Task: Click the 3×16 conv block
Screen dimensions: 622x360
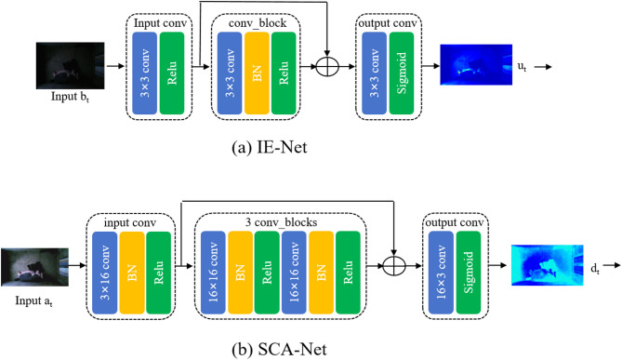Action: pos(105,273)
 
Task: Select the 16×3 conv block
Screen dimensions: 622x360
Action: pos(441,273)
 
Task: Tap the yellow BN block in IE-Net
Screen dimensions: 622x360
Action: pos(257,73)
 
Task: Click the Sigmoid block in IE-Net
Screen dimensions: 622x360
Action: pos(402,73)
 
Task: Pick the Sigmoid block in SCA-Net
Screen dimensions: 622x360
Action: pos(469,273)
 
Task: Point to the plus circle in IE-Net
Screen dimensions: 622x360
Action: pos(327,66)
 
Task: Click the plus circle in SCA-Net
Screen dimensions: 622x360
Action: pos(394,265)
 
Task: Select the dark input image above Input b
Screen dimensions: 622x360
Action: pos(71,65)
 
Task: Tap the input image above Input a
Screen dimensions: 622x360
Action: pos(34,267)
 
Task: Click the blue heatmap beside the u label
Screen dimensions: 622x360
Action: pos(476,65)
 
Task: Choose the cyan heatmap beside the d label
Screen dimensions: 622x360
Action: pos(548,265)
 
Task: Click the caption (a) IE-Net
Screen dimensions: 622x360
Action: pos(270,147)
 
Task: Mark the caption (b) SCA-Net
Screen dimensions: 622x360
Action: pos(279,349)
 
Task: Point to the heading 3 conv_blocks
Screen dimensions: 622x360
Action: pos(282,222)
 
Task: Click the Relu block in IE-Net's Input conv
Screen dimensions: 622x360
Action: pos(172,73)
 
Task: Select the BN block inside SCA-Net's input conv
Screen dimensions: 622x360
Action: pos(132,273)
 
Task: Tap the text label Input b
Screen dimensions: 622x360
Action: pos(71,97)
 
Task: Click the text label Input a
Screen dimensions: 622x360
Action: pos(34,301)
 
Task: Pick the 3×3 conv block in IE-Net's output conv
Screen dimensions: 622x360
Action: pos(374,73)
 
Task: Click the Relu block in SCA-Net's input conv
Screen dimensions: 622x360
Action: pos(159,273)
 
